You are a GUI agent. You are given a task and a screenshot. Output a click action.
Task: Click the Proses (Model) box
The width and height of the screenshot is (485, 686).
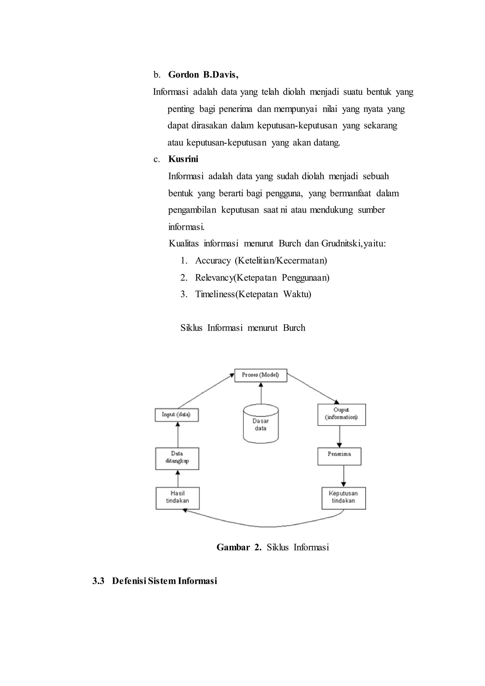260,375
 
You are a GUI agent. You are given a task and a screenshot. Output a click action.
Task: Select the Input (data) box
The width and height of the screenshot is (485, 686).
176,415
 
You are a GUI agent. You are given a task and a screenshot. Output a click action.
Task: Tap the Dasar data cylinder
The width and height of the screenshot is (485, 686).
261,424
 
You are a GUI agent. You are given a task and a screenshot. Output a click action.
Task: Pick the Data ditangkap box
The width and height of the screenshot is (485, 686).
177,458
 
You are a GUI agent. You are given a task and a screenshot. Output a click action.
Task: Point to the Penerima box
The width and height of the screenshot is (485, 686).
339,456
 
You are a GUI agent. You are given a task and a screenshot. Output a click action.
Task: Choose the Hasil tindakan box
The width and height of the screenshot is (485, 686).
177,498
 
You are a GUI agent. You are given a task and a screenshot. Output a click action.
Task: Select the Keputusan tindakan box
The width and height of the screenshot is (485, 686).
343,498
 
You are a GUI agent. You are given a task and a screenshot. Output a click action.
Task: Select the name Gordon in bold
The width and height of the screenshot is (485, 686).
183,75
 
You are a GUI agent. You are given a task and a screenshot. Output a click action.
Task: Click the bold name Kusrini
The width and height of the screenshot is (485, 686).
183,159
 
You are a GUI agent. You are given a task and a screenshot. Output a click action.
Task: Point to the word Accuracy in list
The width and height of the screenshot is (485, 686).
213,261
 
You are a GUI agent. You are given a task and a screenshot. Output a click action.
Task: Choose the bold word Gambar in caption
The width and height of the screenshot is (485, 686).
233,547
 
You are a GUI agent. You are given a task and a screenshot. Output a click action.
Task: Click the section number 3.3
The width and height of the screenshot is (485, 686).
98,581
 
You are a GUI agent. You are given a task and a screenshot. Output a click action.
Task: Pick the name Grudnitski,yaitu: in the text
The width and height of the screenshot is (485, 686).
354,244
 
